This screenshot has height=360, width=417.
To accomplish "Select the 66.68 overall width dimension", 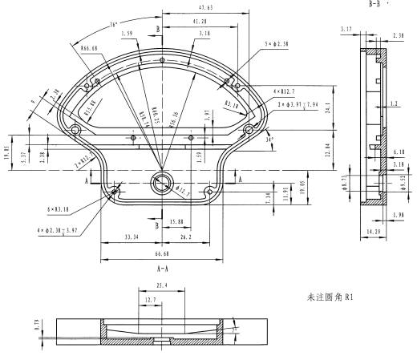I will (162, 253).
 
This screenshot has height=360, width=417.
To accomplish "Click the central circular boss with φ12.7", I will (162, 181).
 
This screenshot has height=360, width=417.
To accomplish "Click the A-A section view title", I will (162, 269).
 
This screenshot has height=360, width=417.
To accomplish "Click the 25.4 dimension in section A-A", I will (163, 284).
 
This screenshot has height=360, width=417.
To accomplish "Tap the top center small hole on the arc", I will (162, 61).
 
